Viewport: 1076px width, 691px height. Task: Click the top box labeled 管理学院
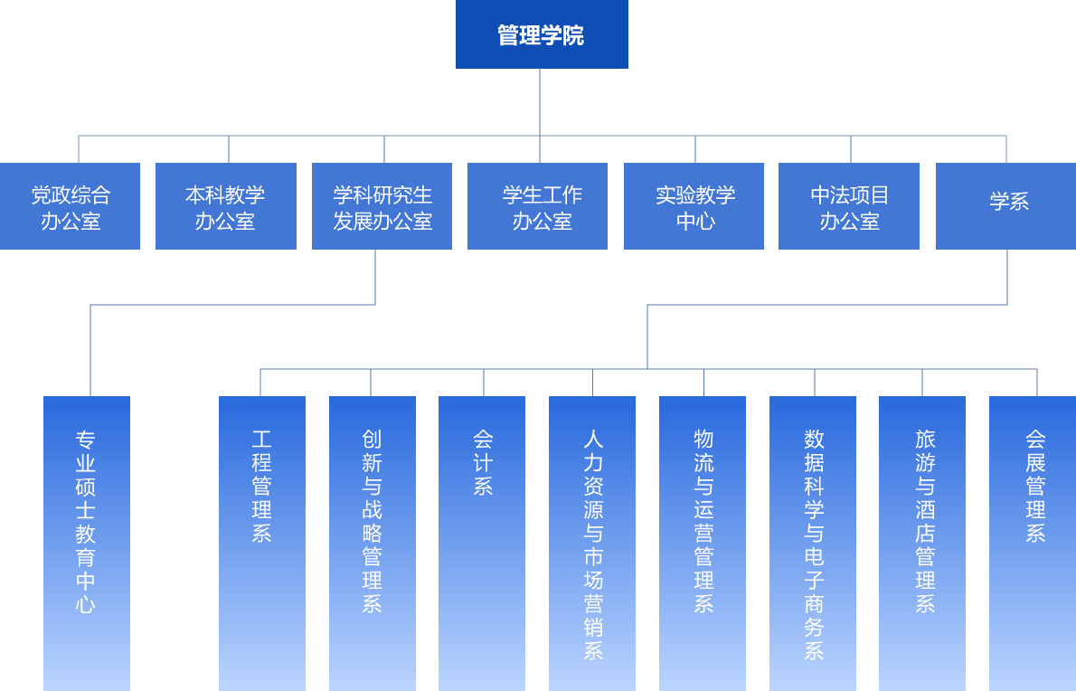click(x=542, y=34)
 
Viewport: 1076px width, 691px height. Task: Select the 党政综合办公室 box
click(x=71, y=206)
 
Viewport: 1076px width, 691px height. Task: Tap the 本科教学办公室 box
click(x=226, y=206)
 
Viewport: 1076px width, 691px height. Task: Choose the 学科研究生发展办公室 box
click(x=382, y=206)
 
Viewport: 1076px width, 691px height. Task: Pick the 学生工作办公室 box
click(x=537, y=206)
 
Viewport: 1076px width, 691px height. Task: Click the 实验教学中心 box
click(x=694, y=206)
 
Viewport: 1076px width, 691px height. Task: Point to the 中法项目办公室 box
click(x=849, y=206)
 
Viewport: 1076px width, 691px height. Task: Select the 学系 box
click(x=1005, y=206)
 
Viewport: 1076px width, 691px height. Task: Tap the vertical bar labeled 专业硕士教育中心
click(x=87, y=543)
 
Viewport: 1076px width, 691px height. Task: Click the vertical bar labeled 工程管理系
click(x=262, y=543)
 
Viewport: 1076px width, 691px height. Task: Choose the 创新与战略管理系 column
click(x=373, y=543)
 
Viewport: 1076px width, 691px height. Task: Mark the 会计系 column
click(x=482, y=543)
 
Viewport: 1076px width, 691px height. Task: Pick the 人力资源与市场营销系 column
click(x=592, y=543)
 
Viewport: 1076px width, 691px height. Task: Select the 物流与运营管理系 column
click(x=703, y=543)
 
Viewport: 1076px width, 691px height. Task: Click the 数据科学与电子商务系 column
click(x=813, y=543)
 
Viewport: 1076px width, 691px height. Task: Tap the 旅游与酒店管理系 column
click(x=922, y=543)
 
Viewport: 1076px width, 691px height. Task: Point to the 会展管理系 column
click(x=1033, y=543)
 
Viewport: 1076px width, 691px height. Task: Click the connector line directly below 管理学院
click(x=540, y=101)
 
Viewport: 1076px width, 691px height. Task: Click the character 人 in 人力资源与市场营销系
click(x=593, y=440)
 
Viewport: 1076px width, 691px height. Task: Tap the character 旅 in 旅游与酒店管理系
click(x=925, y=440)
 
